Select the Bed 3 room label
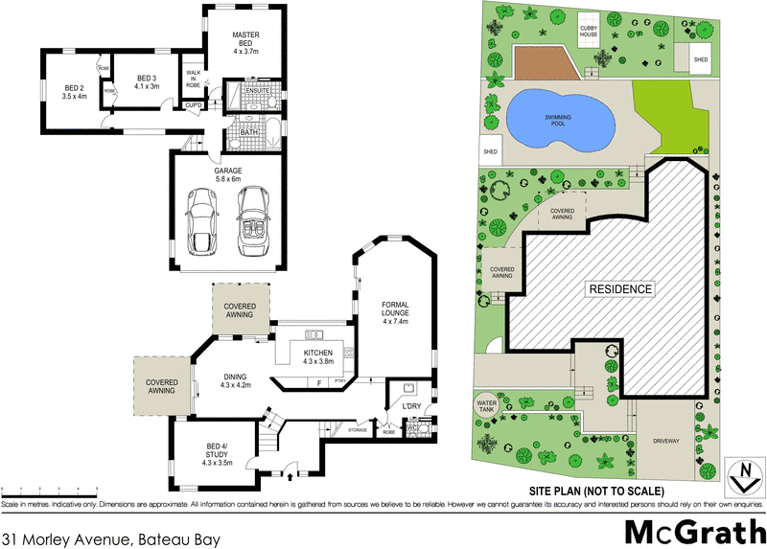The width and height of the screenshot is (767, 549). [146, 82]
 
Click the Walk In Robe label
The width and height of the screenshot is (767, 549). [193, 79]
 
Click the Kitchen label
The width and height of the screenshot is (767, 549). [317, 355]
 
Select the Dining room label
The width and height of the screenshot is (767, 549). [235, 380]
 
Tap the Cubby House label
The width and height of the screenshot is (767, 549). [589, 32]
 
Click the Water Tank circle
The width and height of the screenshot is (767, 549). [489, 407]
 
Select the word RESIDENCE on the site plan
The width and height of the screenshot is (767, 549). [620, 288]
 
